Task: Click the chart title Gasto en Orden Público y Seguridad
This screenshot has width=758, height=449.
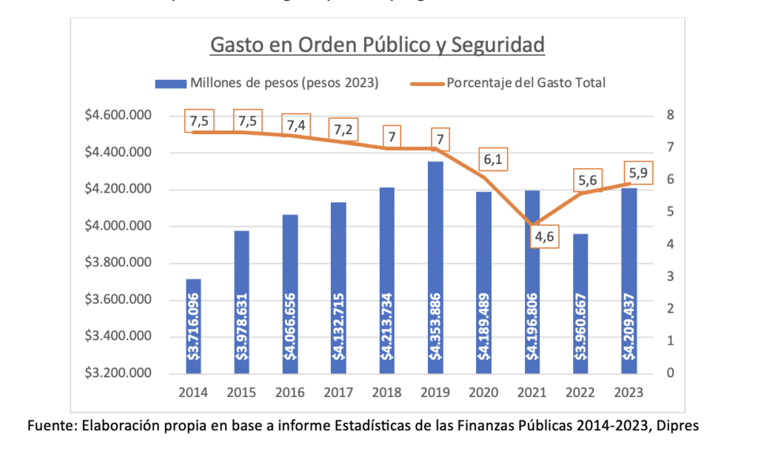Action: coord(378,45)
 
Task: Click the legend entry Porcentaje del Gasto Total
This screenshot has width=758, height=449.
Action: coord(526,83)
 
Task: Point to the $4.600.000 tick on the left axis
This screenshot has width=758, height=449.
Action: coord(119,116)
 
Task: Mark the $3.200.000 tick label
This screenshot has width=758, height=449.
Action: coord(119,373)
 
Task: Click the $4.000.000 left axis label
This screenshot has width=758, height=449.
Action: coord(119,226)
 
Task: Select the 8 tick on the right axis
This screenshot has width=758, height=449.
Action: coord(669,116)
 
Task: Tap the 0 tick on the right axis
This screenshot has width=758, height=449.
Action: coord(669,373)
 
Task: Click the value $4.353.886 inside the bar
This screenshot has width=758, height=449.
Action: coord(435,326)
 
